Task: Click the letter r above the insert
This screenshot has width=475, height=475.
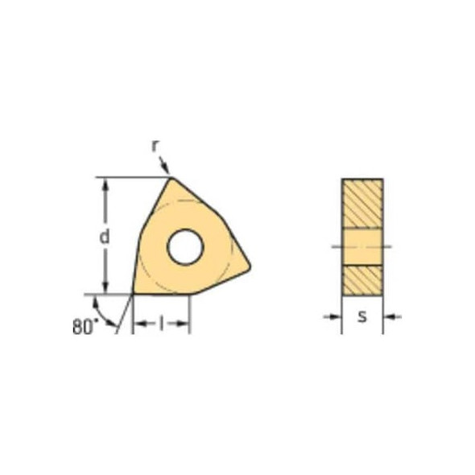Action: pos(155,146)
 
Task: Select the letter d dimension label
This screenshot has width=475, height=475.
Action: pos(104,236)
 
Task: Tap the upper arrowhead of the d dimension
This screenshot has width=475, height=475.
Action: pos(104,182)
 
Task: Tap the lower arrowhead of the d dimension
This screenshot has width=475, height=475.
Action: pos(104,289)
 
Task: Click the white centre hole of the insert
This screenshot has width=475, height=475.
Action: pos(184,247)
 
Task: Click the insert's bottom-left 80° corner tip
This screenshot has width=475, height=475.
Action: pos(133,294)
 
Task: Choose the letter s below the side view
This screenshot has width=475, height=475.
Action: pos(362,316)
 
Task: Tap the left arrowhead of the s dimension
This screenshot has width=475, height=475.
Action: pos(337,316)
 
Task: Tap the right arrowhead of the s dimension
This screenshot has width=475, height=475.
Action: pos(388,316)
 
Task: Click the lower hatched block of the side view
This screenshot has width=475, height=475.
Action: pos(362,279)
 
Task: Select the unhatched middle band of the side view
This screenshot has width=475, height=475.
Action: pos(362,246)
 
